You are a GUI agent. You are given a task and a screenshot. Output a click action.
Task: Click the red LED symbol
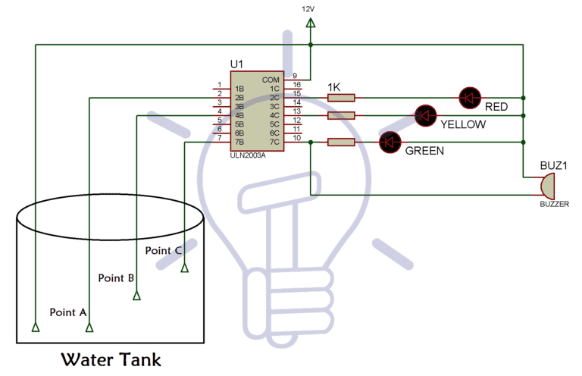point(470,97)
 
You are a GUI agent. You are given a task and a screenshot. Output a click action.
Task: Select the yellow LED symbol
point(426,115)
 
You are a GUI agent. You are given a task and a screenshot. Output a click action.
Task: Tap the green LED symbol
point(390,142)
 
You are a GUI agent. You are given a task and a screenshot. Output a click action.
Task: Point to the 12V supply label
point(308,8)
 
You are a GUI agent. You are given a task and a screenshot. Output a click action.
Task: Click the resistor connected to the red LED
point(342,98)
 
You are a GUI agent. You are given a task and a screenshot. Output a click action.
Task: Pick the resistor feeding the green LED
point(342,142)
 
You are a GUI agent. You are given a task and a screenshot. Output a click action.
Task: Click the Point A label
point(68,312)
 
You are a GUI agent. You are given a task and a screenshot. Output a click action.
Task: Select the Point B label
point(117,277)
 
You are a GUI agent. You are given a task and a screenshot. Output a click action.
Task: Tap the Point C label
point(164,250)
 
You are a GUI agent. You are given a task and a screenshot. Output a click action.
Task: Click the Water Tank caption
point(111,358)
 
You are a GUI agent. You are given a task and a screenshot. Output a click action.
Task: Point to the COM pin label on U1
point(271,80)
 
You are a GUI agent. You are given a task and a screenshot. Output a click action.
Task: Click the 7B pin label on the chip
point(239,142)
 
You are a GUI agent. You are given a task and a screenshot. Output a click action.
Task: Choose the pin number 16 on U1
point(296,84)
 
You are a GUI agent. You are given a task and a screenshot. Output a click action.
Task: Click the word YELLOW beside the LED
point(463,124)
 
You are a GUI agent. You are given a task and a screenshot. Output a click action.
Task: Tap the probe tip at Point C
point(184,267)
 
